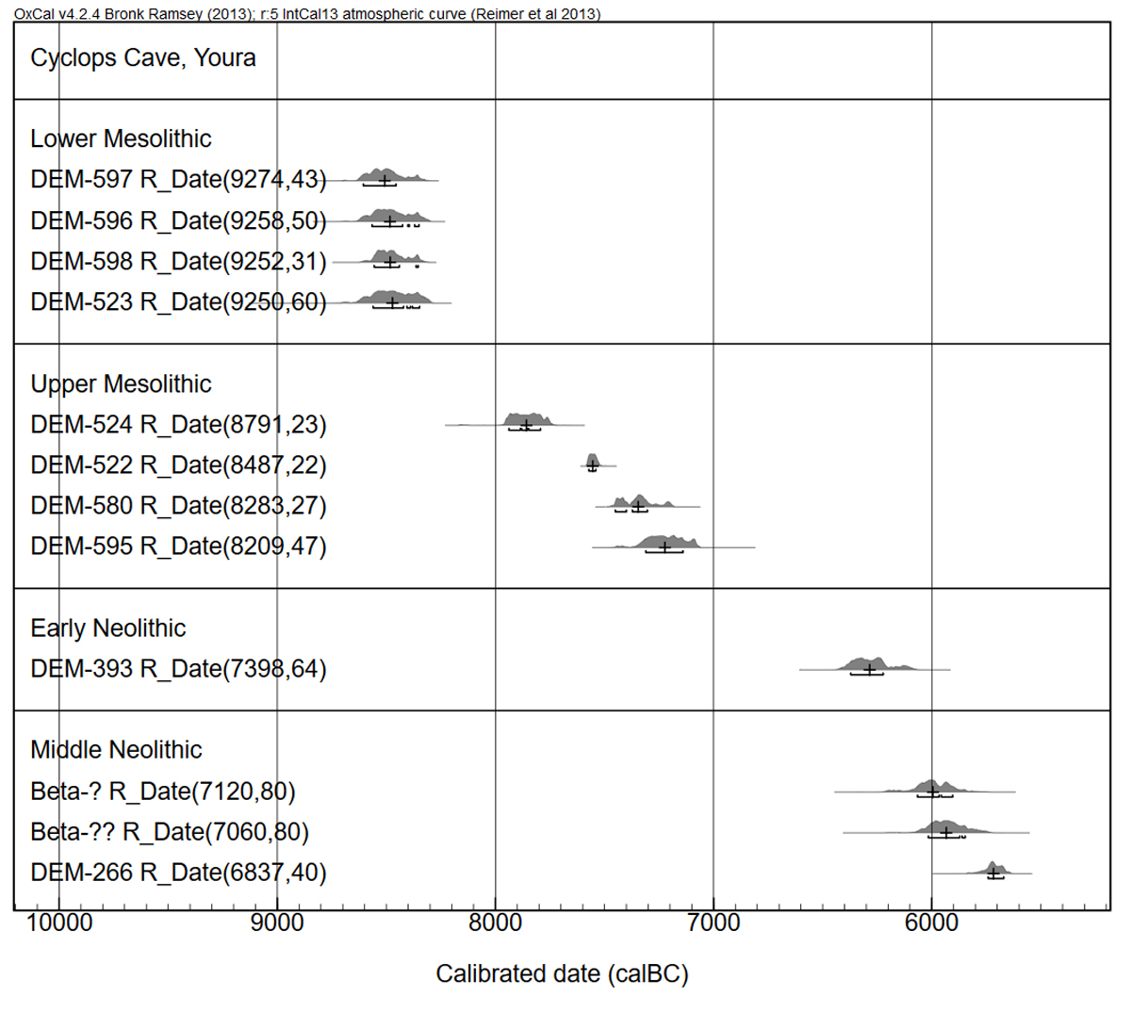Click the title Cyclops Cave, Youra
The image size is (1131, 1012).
coord(143,58)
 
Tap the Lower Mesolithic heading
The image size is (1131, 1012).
coord(121,139)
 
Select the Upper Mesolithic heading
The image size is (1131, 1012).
coord(121,384)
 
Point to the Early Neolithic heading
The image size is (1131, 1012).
coord(108,628)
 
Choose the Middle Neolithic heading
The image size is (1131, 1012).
coord(116,750)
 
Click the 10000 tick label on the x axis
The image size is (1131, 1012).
coord(59,922)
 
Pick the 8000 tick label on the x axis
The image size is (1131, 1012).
coord(496,922)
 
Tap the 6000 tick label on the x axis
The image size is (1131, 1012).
coord(931,922)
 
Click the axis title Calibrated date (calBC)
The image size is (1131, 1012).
coord(562,973)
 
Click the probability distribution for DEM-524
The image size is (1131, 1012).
coord(528,419)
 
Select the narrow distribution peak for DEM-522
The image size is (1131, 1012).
coord(592,461)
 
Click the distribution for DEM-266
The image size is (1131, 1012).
coord(994,869)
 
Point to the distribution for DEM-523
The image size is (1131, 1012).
coord(394,298)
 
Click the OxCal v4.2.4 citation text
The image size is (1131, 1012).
coord(307,14)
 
